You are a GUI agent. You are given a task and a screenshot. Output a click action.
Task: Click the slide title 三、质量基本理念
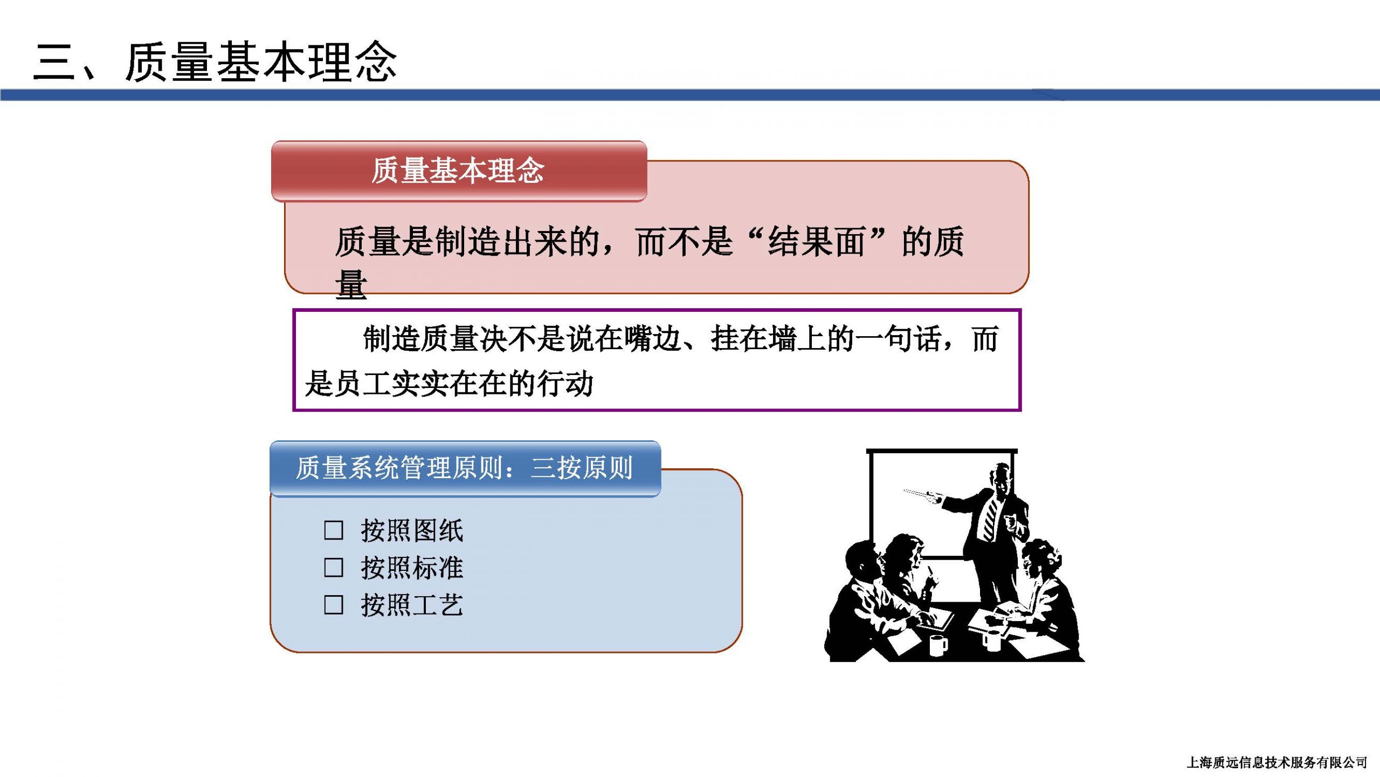(x=215, y=62)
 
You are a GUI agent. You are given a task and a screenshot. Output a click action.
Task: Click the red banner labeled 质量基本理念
(x=459, y=171)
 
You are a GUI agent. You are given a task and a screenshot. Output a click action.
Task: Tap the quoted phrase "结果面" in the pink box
(x=817, y=241)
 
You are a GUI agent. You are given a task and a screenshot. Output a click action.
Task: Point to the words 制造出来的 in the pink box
(x=518, y=241)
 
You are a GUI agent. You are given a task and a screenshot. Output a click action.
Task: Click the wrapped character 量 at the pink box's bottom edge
(x=351, y=284)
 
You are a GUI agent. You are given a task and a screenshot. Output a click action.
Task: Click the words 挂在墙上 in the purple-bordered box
(x=769, y=339)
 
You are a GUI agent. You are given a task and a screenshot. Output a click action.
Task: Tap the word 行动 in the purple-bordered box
(x=564, y=384)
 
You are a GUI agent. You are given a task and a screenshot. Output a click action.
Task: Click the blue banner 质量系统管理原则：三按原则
(x=465, y=468)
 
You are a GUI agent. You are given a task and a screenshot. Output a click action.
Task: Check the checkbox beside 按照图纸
(x=334, y=530)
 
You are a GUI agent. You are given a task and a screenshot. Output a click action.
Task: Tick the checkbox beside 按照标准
(x=334, y=568)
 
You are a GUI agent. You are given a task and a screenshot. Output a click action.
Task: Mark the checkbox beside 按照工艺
(x=334, y=605)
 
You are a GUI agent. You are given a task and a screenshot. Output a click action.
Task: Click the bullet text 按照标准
(x=412, y=568)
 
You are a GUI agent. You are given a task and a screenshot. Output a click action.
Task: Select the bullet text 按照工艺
(x=412, y=605)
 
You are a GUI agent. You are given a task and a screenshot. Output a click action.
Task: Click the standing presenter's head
(x=1000, y=478)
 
